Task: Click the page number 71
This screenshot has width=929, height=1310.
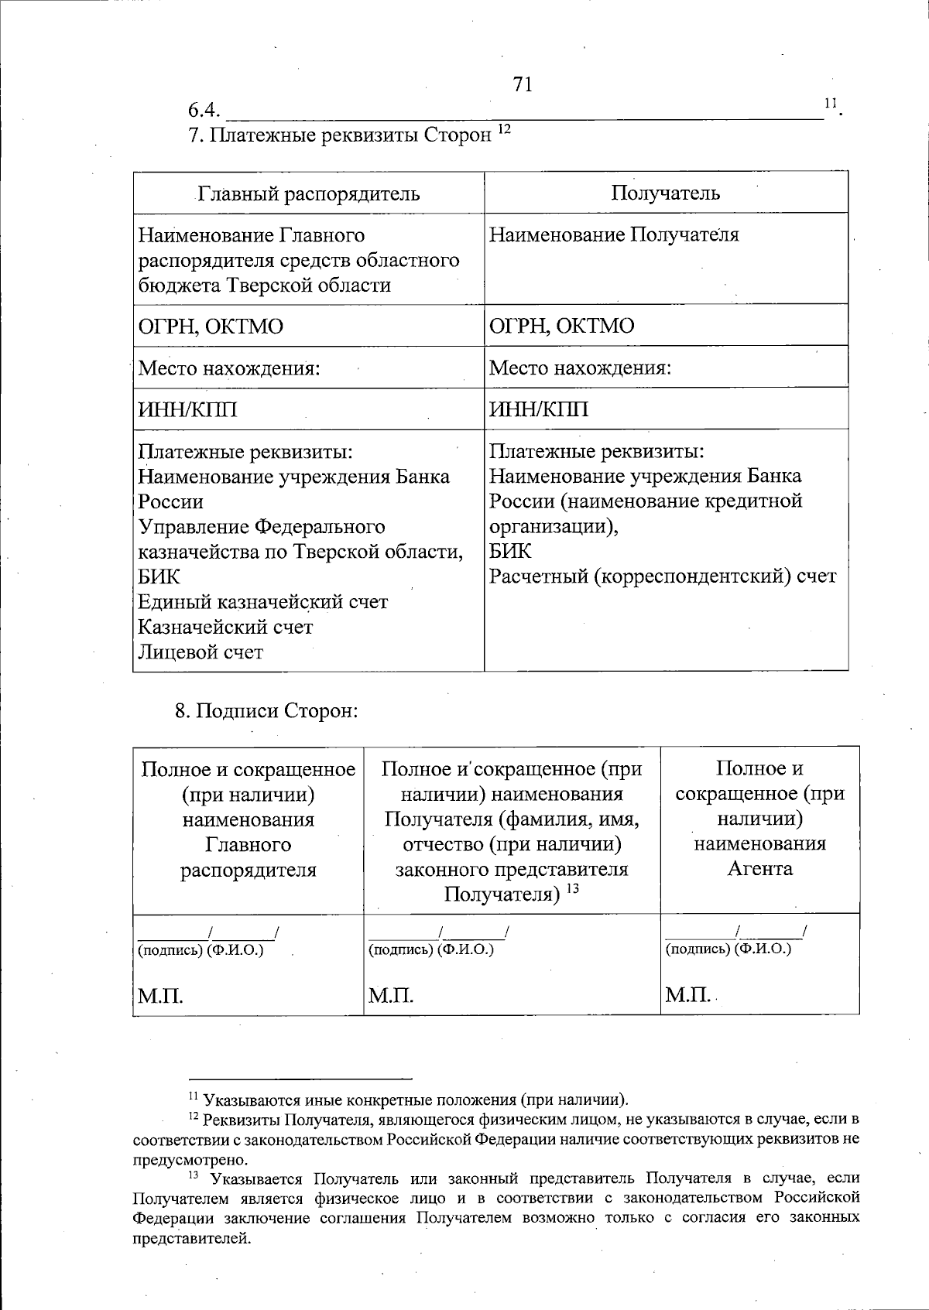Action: pos(523,84)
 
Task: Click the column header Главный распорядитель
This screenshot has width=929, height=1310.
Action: pos(309,193)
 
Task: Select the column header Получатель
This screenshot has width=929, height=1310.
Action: pos(665,193)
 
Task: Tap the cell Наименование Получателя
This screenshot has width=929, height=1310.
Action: pos(614,234)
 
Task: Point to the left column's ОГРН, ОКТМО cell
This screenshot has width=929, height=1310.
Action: pos(211,326)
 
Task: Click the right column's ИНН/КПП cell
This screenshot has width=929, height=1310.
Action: pos(539,409)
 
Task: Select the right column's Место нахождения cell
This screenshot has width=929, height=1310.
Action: pos(580,368)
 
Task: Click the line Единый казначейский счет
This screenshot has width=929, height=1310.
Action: pos(263,601)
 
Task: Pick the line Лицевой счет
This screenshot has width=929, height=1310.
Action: pos(201,652)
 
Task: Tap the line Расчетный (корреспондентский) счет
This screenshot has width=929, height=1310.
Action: pos(663,576)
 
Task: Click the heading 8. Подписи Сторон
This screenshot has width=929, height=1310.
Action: pos(266,710)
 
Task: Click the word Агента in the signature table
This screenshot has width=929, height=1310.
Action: pos(759,868)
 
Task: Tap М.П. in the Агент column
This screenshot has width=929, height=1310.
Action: pos(687,995)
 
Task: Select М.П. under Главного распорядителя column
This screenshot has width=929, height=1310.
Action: pos(160,996)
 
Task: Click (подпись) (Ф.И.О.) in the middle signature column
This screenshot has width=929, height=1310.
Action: pos(431,949)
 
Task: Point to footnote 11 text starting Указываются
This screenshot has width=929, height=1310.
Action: pos(415,1100)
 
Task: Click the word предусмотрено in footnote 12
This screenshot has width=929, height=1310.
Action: pos(190,1159)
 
